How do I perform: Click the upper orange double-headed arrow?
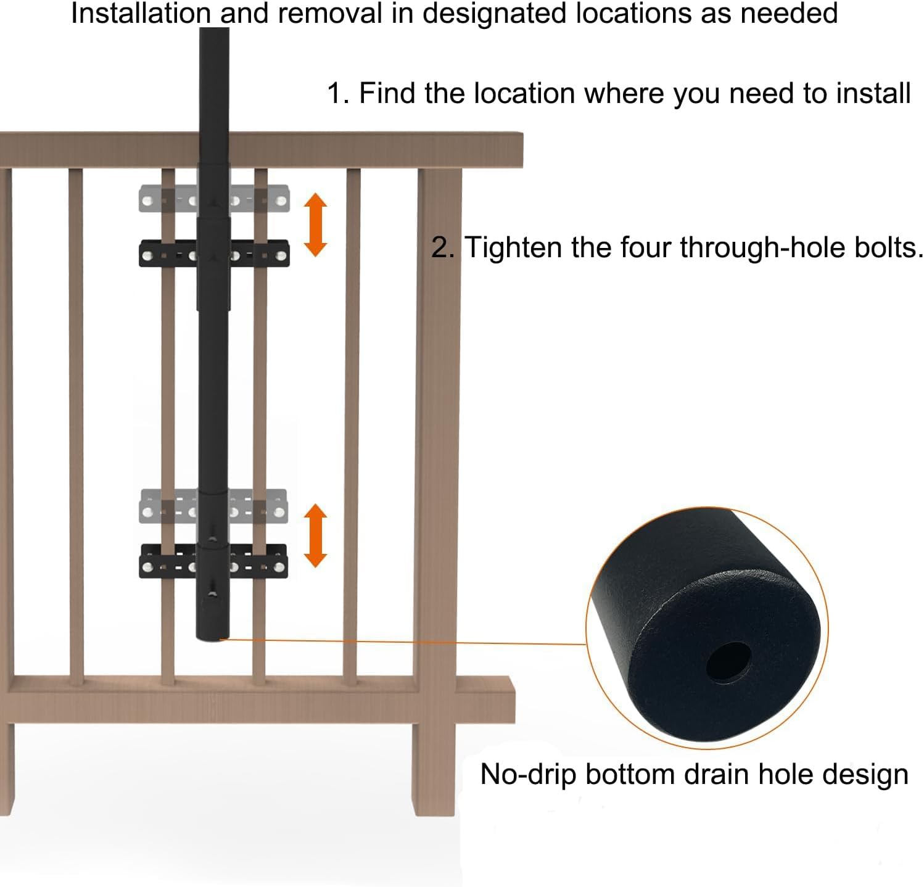pos(316,224)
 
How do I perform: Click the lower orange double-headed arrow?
pos(316,535)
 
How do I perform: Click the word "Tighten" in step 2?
pos(514,247)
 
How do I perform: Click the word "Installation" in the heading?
pos(140,13)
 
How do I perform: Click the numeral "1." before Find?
pos(337,93)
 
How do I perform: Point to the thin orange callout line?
pos(401,642)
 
